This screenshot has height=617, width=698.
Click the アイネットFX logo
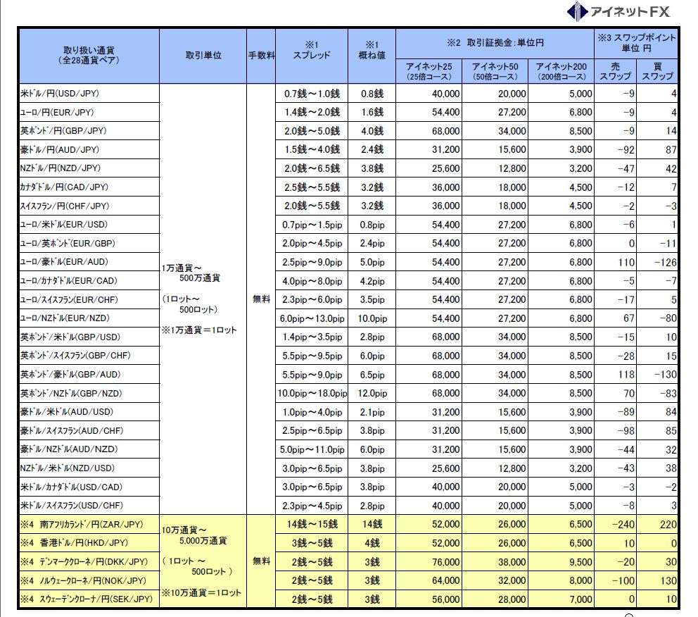619,11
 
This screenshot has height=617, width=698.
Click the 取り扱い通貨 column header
89,55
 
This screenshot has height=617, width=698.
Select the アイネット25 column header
429,71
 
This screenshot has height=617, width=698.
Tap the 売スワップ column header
615,71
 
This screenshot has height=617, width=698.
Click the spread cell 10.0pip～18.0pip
312,393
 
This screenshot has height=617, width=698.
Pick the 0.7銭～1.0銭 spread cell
312,94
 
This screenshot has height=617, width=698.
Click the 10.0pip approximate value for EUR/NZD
372,318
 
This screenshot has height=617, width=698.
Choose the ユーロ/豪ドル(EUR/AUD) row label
59,262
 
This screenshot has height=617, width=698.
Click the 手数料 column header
261,56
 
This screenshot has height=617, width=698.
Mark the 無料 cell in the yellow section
261,561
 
